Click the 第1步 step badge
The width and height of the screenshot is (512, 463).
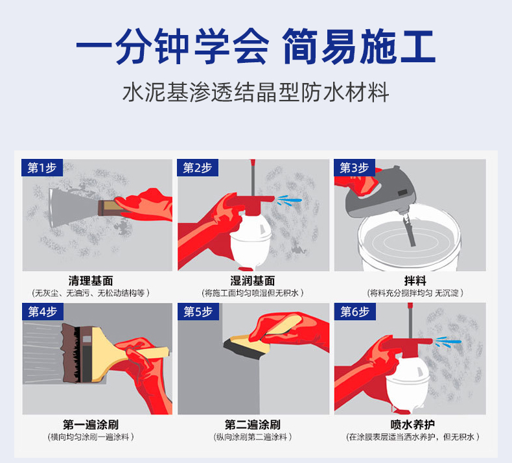41,168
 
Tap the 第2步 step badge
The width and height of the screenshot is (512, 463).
198,168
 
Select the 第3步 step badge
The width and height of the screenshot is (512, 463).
355,168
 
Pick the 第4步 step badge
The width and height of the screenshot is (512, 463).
42,312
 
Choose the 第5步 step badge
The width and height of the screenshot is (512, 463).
198,312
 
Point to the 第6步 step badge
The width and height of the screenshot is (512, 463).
355,312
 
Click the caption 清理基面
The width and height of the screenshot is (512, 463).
95,281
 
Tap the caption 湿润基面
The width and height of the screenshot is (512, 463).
253,281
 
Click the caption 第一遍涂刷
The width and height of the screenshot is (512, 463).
95,425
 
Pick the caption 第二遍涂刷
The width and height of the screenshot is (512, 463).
253,425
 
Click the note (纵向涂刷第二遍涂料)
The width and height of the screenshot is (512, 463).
253,437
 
